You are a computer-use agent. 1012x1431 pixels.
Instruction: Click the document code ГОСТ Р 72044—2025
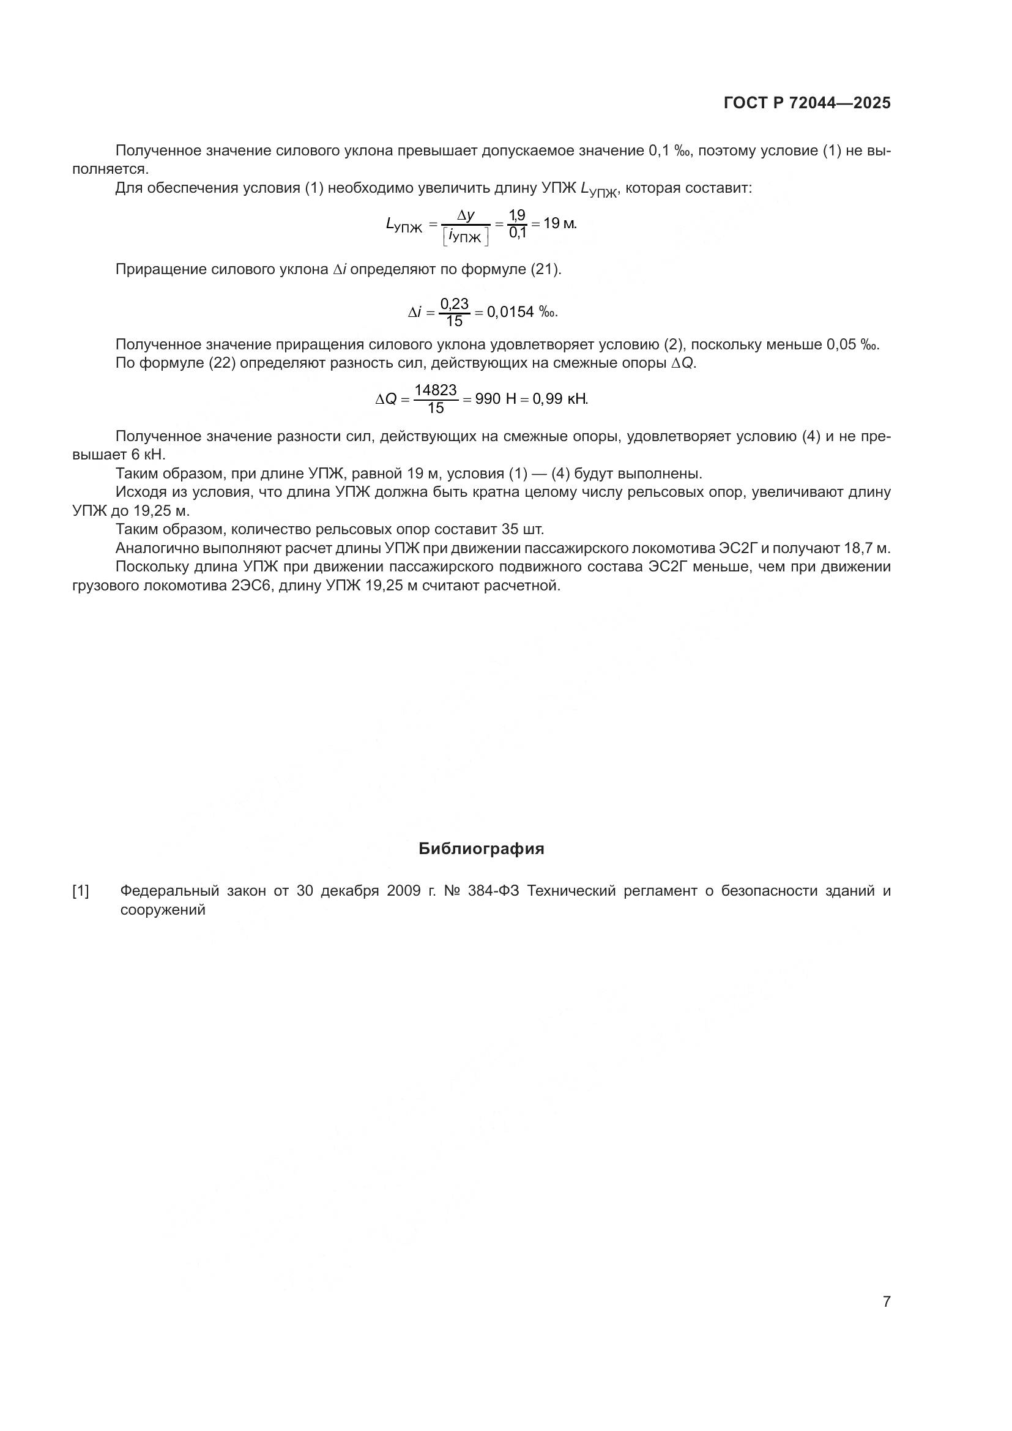pyautogui.click(x=807, y=103)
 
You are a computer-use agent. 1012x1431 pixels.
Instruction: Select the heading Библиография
pyautogui.click(x=481, y=849)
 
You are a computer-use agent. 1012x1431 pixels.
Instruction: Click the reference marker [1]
pyautogui.click(x=81, y=891)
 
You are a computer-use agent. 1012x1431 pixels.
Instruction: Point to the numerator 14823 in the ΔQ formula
pyautogui.click(x=436, y=390)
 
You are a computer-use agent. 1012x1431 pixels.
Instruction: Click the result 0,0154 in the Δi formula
pyautogui.click(x=510, y=311)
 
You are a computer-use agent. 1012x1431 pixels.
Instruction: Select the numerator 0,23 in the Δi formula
pyautogui.click(x=454, y=303)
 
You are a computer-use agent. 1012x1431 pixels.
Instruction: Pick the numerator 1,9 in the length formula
pyautogui.click(x=517, y=215)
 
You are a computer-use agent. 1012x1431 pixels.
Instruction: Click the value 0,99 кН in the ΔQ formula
pyautogui.click(x=560, y=399)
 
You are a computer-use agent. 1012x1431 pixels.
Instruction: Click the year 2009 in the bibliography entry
pyautogui.click(x=404, y=891)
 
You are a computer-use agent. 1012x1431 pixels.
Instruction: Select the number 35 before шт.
pyautogui.click(x=510, y=530)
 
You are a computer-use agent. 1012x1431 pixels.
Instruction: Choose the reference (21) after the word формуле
pyautogui.click(x=545, y=270)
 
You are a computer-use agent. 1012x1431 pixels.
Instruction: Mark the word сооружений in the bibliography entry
pyautogui.click(x=163, y=910)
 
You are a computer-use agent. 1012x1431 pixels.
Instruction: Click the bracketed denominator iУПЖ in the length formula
pyautogui.click(x=465, y=237)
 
